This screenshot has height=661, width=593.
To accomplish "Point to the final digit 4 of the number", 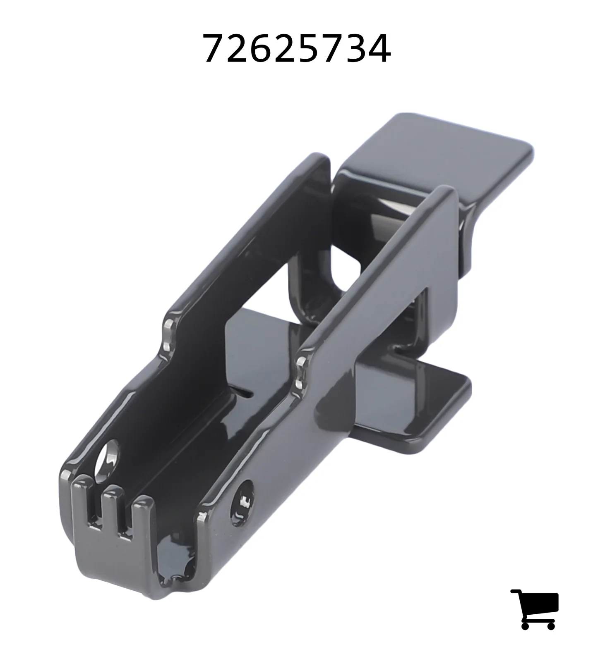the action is (378, 49).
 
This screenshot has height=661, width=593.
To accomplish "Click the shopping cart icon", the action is (534, 609).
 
